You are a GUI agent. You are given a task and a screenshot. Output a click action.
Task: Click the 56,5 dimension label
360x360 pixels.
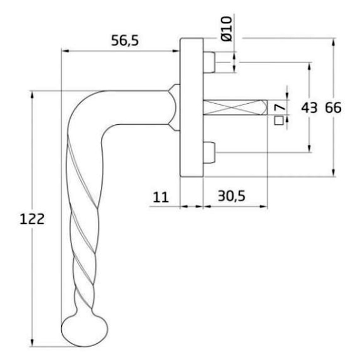click(x=125, y=40)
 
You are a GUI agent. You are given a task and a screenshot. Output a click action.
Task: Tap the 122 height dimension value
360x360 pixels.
click(x=32, y=219)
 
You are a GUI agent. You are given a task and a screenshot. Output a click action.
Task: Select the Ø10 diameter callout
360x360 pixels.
click(x=227, y=29)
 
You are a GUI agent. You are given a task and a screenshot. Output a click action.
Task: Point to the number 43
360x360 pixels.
click(x=309, y=108)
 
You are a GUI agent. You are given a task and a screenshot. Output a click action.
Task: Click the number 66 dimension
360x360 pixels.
click(x=334, y=107)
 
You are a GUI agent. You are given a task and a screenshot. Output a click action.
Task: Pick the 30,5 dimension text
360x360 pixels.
click(x=232, y=196)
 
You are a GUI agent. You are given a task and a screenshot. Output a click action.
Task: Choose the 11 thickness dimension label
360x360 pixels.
click(x=160, y=197)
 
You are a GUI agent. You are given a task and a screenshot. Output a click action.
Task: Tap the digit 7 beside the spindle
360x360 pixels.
click(x=280, y=107)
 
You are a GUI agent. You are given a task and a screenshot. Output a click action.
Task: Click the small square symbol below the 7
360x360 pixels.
click(x=279, y=121)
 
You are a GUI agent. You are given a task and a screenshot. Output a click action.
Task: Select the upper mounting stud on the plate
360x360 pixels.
click(x=209, y=62)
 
